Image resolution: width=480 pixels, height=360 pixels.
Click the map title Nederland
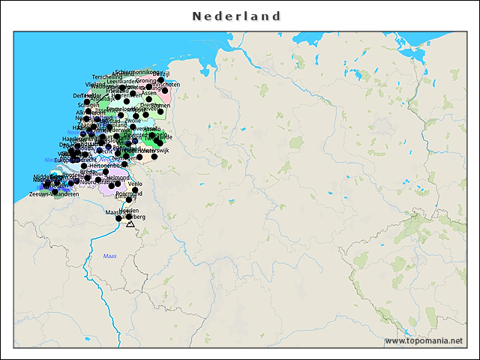(x=236, y=16)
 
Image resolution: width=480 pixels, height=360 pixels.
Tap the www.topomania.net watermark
(x=423, y=340)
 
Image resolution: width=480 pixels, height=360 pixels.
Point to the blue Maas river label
(x=109, y=256)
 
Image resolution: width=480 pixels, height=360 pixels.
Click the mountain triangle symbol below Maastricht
(x=130, y=223)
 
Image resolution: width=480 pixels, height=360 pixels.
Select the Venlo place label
(x=135, y=184)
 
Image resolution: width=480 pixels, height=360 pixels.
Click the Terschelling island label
(x=107, y=76)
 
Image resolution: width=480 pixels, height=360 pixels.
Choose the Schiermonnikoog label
(x=138, y=72)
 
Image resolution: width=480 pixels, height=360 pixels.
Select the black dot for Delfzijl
(x=160, y=79)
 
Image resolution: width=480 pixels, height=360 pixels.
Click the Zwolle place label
(x=133, y=120)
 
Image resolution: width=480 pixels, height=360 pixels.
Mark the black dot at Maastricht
(x=118, y=218)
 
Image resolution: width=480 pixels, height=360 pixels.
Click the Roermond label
(x=128, y=193)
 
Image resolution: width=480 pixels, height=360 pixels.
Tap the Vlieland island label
(x=93, y=85)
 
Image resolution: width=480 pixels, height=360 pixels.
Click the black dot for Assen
(x=148, y=99)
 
